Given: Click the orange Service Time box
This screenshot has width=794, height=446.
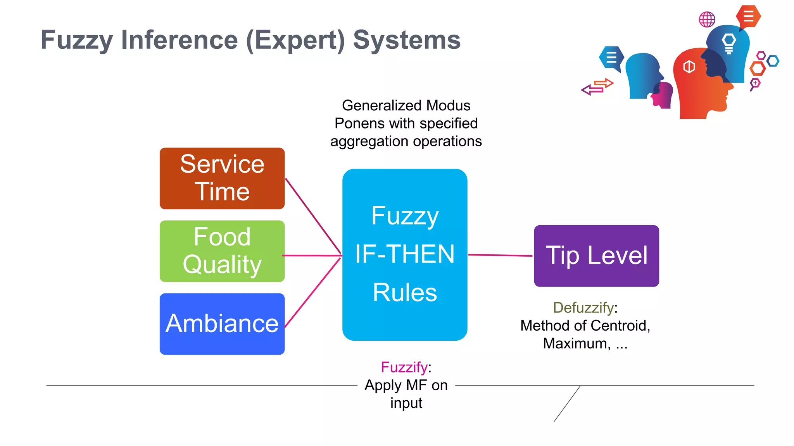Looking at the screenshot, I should [222, 178].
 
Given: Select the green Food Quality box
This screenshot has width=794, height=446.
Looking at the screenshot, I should [222, 251].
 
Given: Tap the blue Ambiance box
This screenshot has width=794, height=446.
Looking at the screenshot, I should [222, 324].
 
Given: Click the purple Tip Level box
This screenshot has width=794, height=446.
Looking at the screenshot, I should [596, 256].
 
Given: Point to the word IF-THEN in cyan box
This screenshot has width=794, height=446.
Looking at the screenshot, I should [405, 254].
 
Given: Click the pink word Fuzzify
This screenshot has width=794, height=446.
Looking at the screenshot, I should [404, 367].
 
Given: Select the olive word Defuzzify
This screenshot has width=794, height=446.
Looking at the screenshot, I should [583, 307].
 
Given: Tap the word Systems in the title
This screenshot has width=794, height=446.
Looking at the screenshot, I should [407, 40].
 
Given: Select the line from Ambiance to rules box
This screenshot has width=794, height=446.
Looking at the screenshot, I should [312, 293].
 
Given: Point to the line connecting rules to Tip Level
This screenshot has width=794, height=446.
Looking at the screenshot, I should [500, 255].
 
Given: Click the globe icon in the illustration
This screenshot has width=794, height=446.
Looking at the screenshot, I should [707, 19].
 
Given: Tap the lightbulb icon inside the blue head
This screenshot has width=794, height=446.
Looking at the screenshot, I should [729, 43].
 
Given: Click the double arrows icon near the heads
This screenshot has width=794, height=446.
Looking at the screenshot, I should [597, 87].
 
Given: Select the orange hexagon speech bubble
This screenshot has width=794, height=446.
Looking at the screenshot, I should [749, 17].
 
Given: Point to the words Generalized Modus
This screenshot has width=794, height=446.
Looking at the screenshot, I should [406, 105].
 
